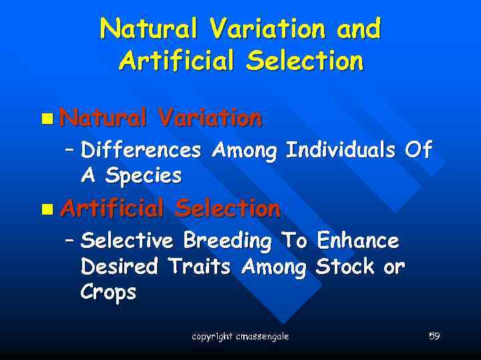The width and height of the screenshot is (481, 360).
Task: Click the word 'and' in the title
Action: [359, 29]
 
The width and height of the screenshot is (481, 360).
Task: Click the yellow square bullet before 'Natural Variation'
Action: [45, 119]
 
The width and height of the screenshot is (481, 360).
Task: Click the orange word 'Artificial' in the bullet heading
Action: [112, 209]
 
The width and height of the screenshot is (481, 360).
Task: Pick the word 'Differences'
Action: [140, 151]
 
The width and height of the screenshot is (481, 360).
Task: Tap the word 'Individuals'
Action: [341, 151]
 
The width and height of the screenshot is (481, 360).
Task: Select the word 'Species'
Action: [143, 176]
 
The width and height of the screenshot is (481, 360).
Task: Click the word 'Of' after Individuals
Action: [419, 150]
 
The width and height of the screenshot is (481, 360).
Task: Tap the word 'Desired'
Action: [119, 267]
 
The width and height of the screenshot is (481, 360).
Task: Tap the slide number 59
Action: [434, 336]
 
